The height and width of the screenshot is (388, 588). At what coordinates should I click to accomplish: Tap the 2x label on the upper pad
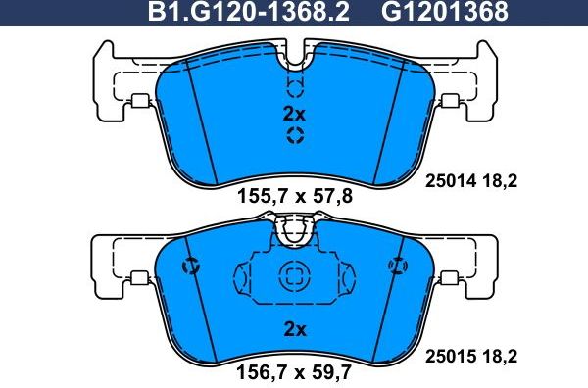pos(294,114)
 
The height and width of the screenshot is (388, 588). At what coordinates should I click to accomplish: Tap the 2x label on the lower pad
pos(294,329)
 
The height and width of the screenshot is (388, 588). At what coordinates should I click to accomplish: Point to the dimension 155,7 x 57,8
pos(294,196)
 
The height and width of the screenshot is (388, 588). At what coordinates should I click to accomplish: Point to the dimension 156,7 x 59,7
pos(294,371)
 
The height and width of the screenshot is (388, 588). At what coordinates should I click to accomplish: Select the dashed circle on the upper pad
pos(294,135)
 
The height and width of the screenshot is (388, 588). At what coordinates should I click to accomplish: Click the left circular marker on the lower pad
pos(190,266)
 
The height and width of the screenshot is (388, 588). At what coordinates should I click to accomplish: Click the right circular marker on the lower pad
pos(398,265)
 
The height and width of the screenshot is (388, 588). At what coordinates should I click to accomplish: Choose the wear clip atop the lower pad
pos(294,231)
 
